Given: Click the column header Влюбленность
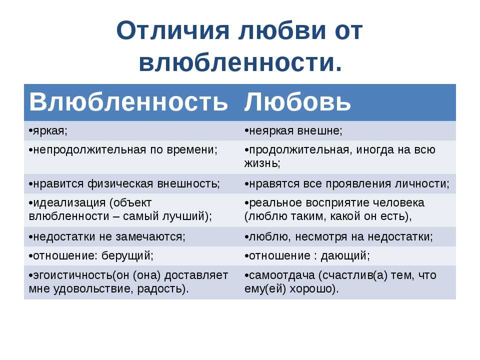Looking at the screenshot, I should click(128, 102).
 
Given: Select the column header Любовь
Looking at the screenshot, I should click(297, 102).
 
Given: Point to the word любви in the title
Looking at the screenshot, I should click(280, 31).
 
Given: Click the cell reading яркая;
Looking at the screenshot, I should click(48, 130).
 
